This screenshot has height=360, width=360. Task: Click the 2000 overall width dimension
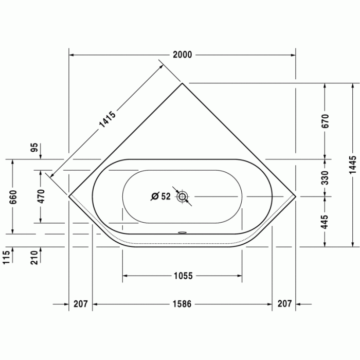[x=183, y=55]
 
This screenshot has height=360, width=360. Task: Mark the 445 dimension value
[x=325, y=221]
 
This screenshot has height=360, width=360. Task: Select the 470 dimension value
[x=42, y=196]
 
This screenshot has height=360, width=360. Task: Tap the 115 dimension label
[x=6, y=256]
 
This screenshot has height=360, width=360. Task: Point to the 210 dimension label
[x=34, y=256]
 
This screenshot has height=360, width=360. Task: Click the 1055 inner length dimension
[x=182, y=276]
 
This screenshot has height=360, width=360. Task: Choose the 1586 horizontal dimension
[x=182, y=304]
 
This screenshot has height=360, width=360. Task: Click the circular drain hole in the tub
[x=183, y=196]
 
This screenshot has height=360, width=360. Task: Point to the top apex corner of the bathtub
[x=183, y=83]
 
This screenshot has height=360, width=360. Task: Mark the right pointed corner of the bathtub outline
[x=296, y=196]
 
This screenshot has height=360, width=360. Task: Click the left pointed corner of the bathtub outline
[x=69, y=196]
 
